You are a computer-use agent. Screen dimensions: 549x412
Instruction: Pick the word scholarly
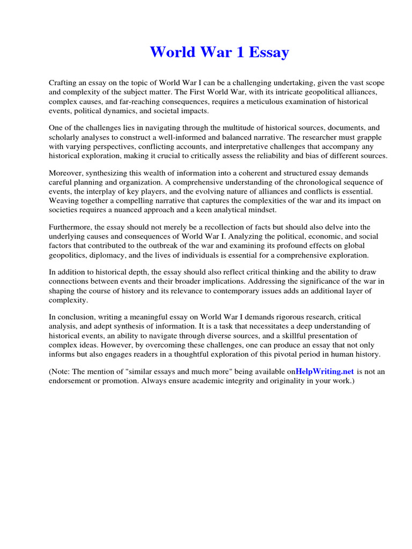pyautogui.click(x=64, y=137)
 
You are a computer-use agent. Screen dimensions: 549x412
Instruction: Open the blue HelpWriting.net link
pyautogui.click(x=325, y=372)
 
